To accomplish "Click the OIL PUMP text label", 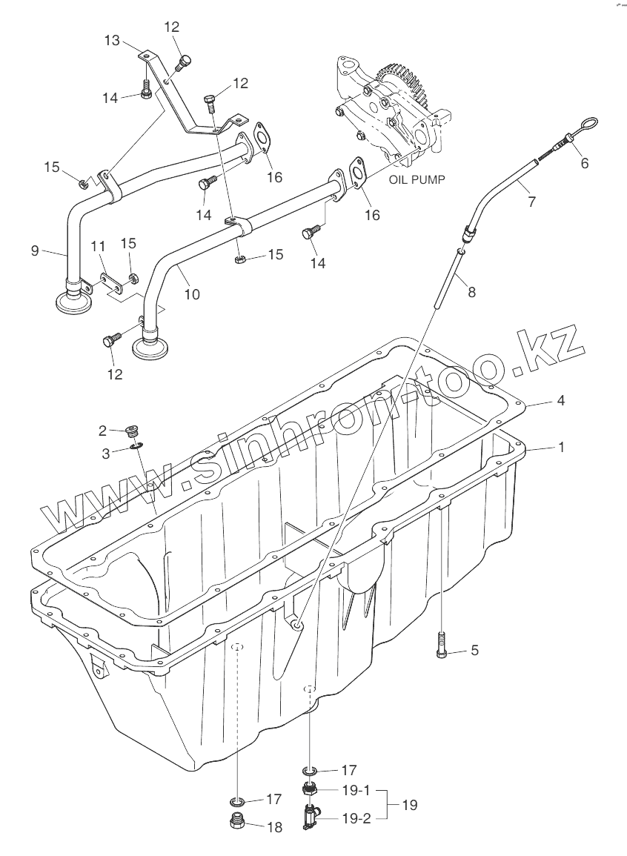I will [417, 179].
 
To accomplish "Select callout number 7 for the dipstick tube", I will [531, 200].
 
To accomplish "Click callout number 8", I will [471, 292].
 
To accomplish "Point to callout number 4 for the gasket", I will [561, 400].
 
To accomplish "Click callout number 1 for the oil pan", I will [561, 448].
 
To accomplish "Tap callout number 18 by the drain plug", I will [274, 828].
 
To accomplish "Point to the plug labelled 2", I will [134, 431].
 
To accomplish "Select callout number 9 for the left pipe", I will [35, 251].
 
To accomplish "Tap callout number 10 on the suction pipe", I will [191, 293].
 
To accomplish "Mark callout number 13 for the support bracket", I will [112, 42].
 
